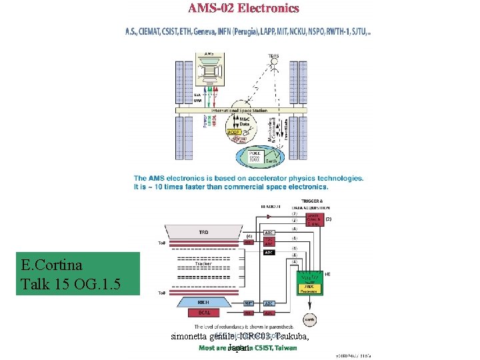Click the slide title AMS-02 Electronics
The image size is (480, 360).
[x=243, y=9]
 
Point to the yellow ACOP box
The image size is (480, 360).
[x=233, y=132]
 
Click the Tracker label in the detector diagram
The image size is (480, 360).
[x=204, y=264]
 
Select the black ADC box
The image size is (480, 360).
[x=269, y=253]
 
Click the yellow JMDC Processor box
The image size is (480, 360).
[x=310, y=287]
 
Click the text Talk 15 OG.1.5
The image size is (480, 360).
[x=71, y=285]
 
